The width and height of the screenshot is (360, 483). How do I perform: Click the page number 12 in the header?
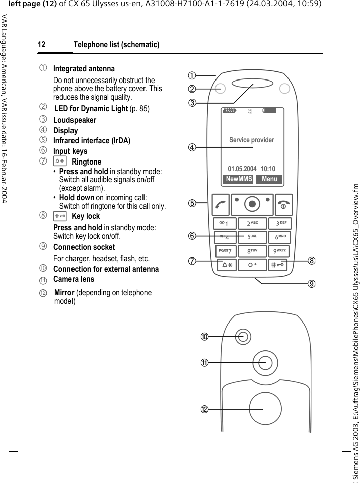tap(42, 45)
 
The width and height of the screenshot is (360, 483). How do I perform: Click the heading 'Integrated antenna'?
tap(84, 68)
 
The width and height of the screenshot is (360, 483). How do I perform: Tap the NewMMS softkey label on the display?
tap(239, 179)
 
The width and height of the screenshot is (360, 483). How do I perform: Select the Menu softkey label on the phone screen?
tap(269, 179)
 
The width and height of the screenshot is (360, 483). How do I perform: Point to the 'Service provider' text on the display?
tap(251, 140)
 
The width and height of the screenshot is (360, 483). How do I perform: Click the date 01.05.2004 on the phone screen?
tap(242, 169)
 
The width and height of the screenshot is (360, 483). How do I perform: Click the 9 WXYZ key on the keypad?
tap(280, 250)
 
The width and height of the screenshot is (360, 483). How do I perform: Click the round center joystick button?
tap(252, 204)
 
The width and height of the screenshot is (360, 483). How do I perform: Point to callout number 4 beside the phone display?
tap(192, 148)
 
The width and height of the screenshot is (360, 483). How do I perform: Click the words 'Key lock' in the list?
tap(86, 216)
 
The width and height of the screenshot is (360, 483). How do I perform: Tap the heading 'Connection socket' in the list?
tap(84, 247)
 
